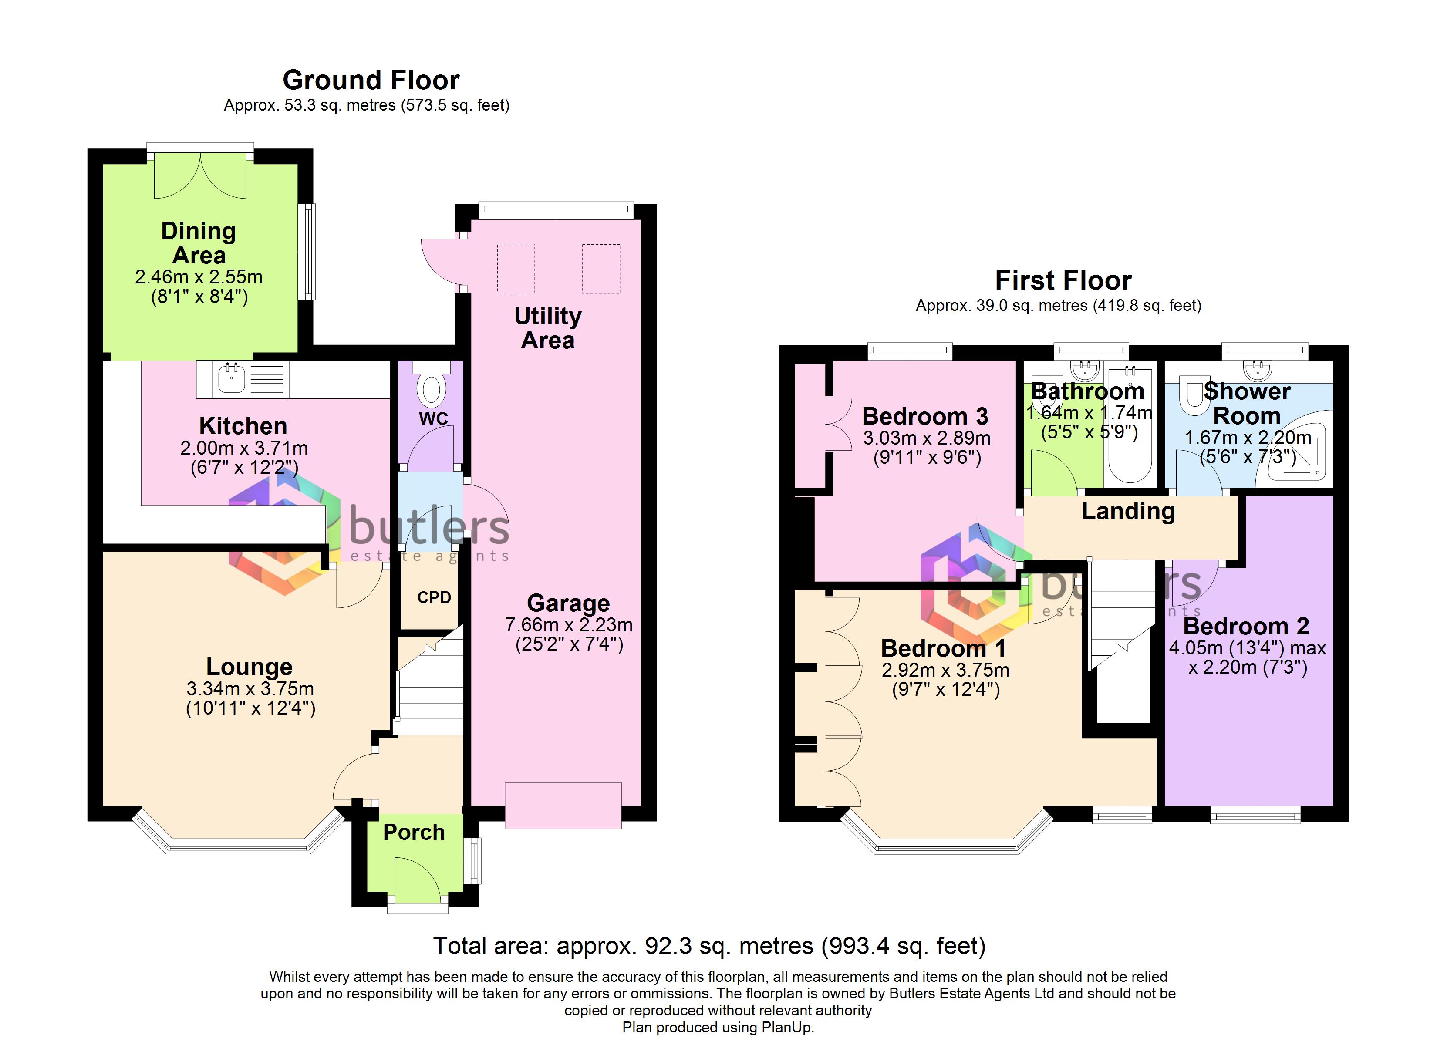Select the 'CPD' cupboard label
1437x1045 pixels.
(434, 597)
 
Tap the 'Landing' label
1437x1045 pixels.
(1128, 511)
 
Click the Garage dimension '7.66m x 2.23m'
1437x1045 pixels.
(569, 625)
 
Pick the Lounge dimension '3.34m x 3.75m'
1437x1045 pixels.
(250, 689)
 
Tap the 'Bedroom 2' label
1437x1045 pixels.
(1246, 626)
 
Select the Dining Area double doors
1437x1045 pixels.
(200, 175)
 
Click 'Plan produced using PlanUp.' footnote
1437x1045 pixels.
(718, 1027)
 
